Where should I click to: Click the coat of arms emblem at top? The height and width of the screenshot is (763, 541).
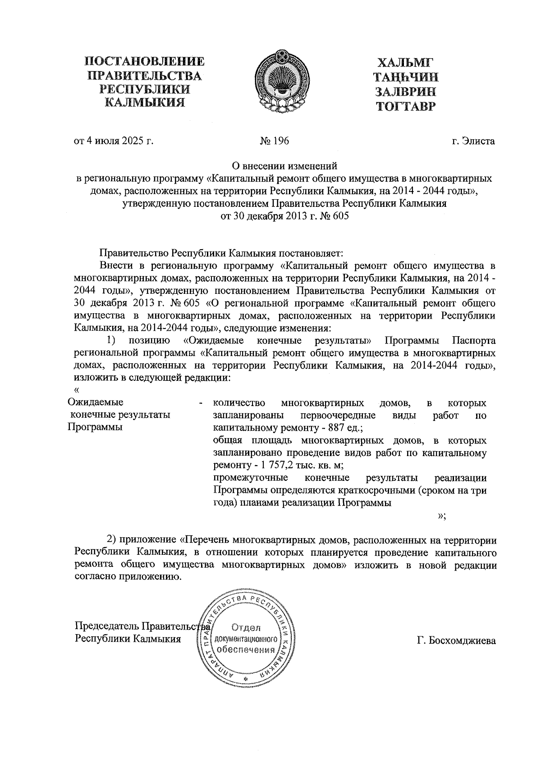pos(282,81)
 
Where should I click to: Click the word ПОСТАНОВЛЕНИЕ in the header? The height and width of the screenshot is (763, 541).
pos(144,61)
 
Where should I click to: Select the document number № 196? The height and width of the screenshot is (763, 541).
pos(274,141)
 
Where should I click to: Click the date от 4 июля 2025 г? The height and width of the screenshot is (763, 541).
pos(114,141)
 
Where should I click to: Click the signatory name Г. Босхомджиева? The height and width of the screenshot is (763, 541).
pos(456,640)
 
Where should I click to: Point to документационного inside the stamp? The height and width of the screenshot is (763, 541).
pos(246,639)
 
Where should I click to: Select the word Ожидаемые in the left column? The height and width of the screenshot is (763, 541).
pos(96,402)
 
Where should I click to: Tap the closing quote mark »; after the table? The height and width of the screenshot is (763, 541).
pos(442,516)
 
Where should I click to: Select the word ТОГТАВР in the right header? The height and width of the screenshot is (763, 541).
pos(406,106)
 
